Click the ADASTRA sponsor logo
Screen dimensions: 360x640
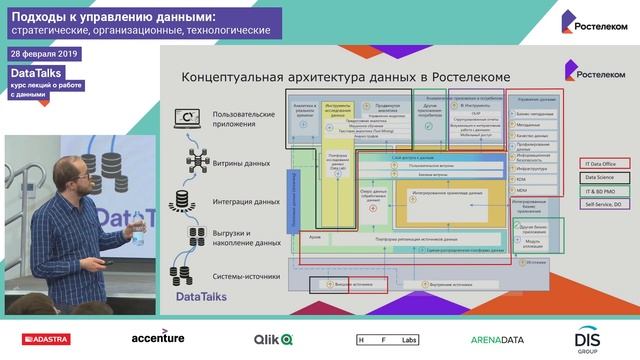point(41,338)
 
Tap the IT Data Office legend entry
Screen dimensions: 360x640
point(601,163)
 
